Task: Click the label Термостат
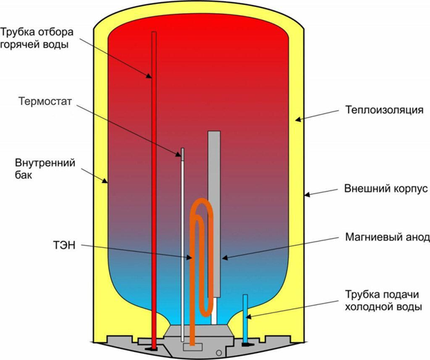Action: (45, 101)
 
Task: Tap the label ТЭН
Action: (64, 245)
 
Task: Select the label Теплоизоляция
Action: (385, 110)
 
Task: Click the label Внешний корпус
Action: (386, 189)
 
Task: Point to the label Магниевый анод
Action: (387, 237)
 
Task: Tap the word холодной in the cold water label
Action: (368, 307)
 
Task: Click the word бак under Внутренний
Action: (23, 175)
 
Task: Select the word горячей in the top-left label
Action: (17, 44)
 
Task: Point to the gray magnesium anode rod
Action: (214, 213)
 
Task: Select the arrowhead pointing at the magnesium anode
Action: (225, 258)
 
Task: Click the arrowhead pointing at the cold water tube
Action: (249, 317)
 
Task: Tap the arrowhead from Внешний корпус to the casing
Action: (307, 195)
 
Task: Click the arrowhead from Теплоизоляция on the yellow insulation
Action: (298, 119)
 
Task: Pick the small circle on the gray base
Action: (218, 352)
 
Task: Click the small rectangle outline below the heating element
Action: (193, 347)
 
